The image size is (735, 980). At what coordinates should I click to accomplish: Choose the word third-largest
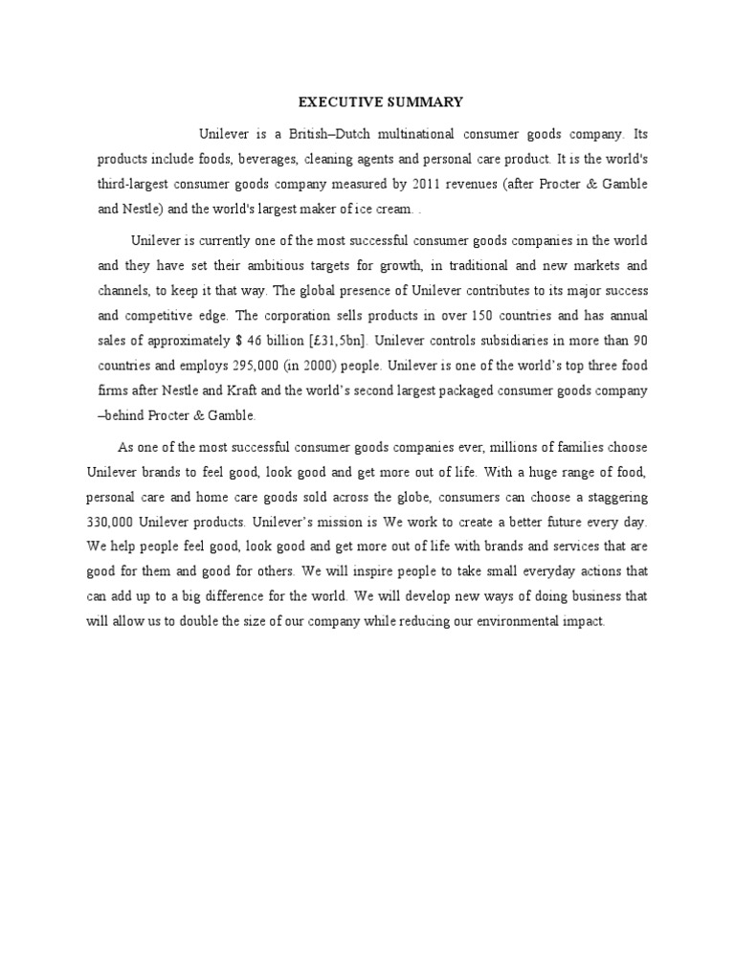pyautogui.click(x=137, y=183)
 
